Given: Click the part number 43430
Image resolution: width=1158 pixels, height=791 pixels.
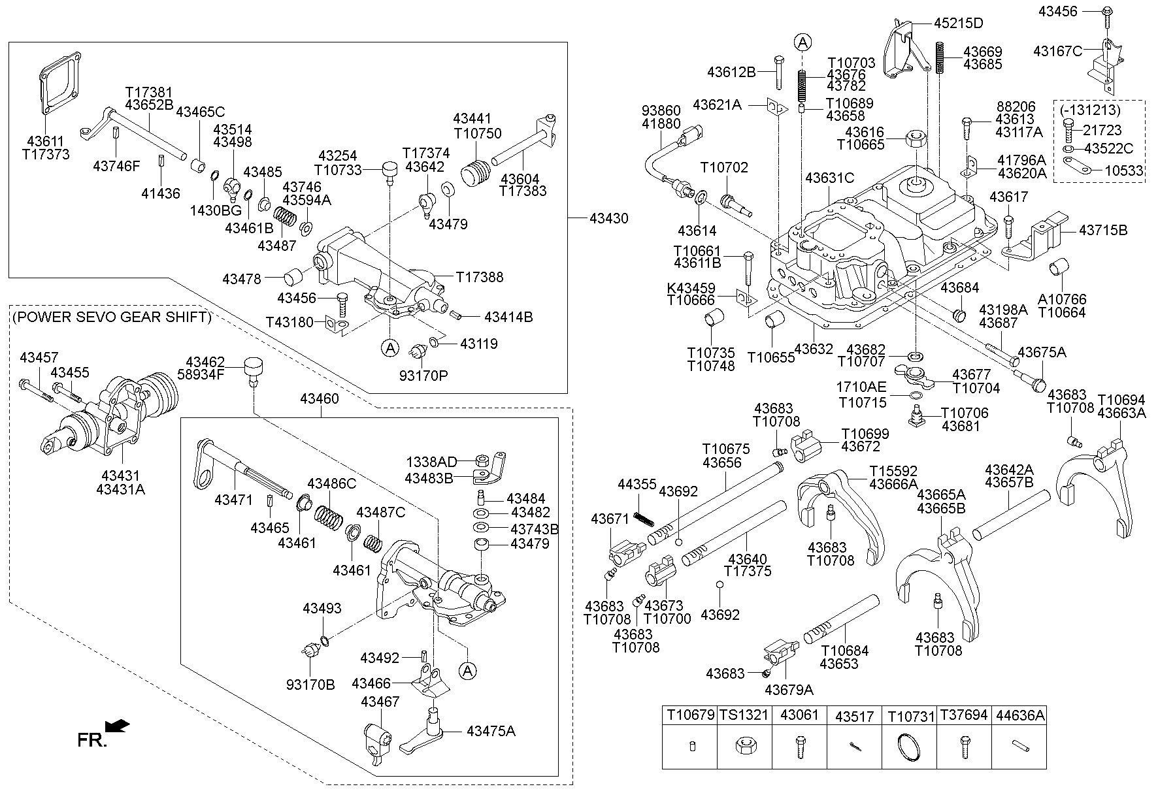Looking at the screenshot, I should point(608,218).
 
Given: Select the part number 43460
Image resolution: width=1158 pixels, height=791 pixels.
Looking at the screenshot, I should point(320,398).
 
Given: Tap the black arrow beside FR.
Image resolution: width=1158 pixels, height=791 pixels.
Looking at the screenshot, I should point(118,726).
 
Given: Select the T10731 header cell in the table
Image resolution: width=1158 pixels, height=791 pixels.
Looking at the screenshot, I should point(911,716).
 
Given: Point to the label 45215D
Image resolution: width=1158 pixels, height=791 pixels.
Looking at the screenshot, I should point(958,23).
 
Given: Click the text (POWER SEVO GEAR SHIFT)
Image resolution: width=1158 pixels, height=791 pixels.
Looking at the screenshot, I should point(112,317).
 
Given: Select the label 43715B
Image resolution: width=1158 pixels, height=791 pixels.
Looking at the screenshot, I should point(1103,231).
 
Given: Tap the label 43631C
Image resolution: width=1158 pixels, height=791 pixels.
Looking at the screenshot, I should point(829,178).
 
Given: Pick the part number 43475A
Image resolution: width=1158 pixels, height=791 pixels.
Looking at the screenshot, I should point(491,731).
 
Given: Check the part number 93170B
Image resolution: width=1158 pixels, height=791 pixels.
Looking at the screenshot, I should point(310,684).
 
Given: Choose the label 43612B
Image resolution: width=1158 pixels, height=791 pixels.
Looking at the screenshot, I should point(731,72).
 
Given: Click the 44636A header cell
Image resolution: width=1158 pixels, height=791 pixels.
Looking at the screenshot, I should point(1019,716).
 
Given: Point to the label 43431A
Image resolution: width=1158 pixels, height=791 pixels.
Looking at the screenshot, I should point(120,489).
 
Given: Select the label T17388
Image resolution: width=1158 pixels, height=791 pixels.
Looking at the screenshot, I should point(480,277).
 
